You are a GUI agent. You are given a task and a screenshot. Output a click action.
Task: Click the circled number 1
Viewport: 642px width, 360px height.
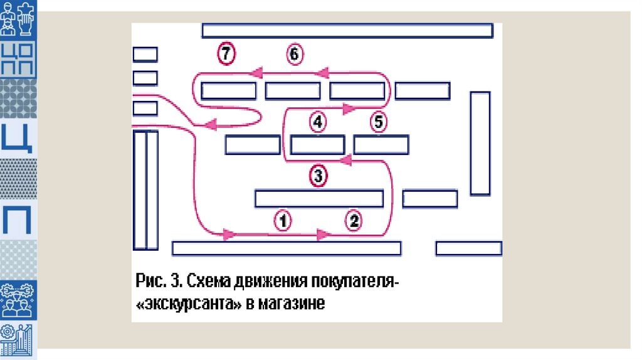coord(283,220)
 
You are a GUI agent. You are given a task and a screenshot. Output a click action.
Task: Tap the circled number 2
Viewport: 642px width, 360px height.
coord(354,220)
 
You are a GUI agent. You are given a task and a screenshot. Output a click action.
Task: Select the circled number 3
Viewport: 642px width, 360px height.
coord(318,176)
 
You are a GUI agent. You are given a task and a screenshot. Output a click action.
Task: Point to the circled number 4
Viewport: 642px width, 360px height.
coord(318,122)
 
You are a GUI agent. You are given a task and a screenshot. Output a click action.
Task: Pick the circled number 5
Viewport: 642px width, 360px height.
coord(378,122)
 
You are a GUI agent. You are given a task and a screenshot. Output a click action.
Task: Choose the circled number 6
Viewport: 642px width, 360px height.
coord(295,55)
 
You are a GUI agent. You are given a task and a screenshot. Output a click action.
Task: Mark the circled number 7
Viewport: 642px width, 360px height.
coord(226,55)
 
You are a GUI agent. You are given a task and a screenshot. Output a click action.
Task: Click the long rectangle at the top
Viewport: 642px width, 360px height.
coord(347,31)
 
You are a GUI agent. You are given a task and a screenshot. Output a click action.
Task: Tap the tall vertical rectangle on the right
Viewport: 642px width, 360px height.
coord(480,143)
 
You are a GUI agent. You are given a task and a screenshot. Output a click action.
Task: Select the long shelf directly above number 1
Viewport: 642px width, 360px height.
coord(318,198)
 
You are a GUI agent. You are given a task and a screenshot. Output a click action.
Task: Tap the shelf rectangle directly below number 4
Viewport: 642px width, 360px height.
coord(317,145)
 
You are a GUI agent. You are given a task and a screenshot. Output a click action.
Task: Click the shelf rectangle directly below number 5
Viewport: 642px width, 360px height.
coord(381,145)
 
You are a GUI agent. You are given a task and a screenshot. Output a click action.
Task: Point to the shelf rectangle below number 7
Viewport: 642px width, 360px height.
coord(228,91)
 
